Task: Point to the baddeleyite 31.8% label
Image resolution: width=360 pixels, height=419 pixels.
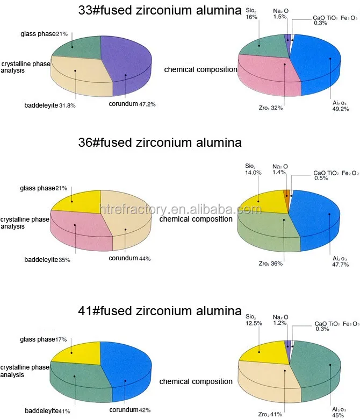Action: [50, 105]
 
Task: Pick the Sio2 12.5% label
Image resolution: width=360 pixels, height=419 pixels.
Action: [253, 319]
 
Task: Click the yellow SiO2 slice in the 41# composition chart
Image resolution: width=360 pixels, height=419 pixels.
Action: [261, 352]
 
